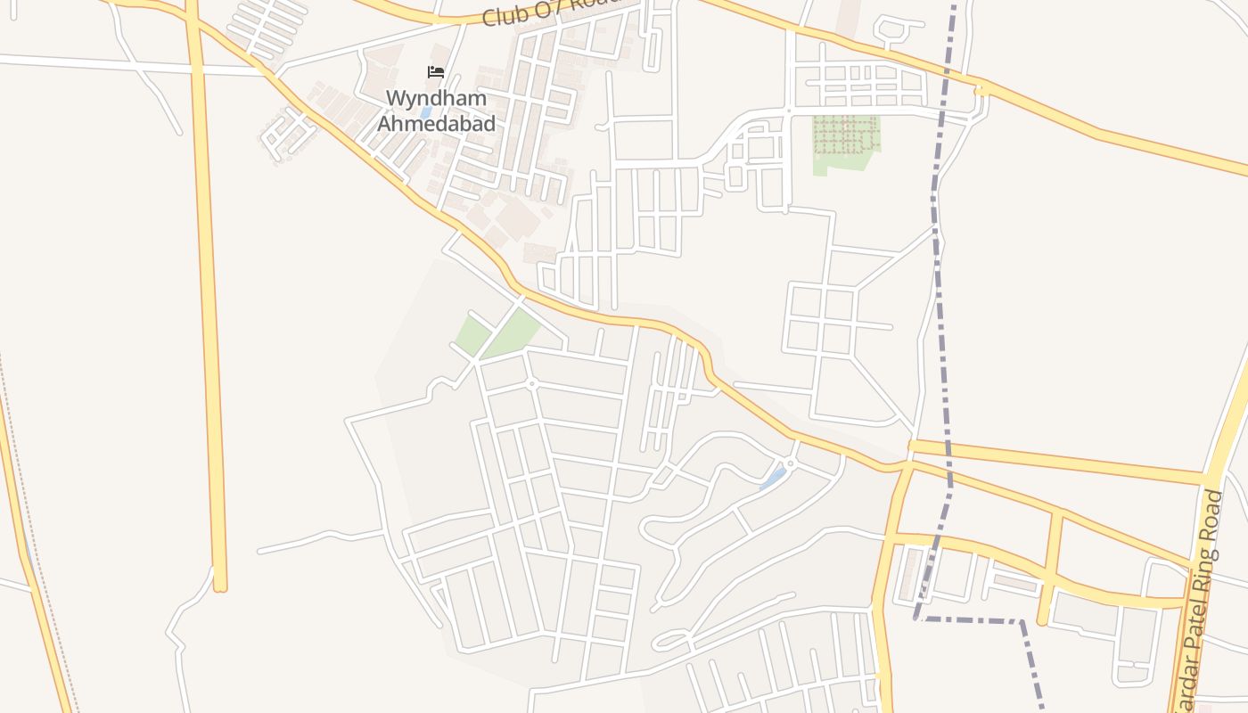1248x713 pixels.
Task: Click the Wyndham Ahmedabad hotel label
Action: pyautogui.click(x=436, y=110)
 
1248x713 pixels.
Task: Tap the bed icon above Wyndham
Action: pyautogui.click(x=436, y=72)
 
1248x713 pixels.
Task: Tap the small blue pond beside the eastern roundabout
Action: pyautogui.click(x=772, y=478)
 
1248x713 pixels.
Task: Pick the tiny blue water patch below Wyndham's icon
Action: pyautogui.click(x=426, y=113)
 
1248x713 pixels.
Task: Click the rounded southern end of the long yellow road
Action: pyautogui.click(x=220, y=584)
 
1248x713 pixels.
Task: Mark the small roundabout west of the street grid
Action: pyautogui.click(x=531, y=384)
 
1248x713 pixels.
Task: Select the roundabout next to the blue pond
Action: pyautogui.click(x=790, y=463)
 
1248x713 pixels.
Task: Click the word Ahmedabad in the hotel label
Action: pyautogui.click(x=436, y=123)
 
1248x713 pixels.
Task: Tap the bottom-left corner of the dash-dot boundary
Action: pyautogui.click(x=916, y=617)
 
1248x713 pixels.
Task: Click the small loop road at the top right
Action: pyautogui.click(x=891, y=31)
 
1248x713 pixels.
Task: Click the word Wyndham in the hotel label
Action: pyautogui.click(x=436, y=96)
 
